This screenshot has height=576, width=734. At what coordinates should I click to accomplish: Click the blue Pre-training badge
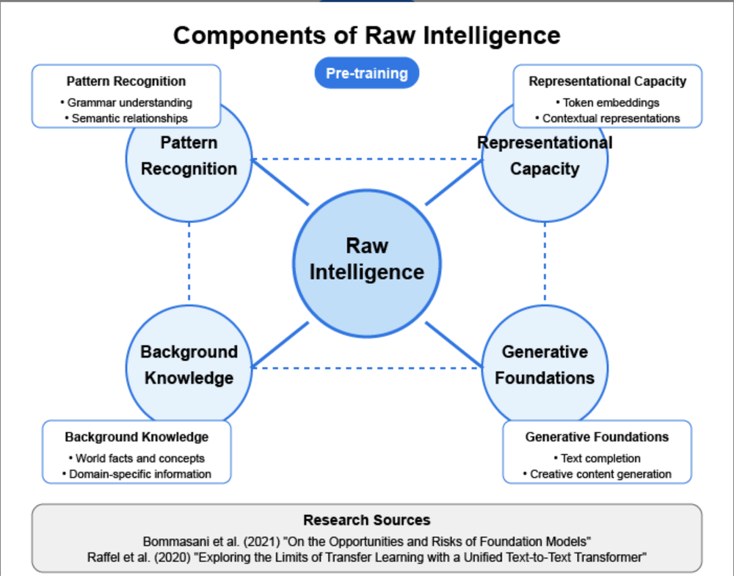(x=367, y=73)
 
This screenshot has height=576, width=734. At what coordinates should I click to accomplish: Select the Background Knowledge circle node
(x=189, y=365)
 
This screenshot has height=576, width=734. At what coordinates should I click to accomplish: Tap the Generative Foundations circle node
(x=545, y=365)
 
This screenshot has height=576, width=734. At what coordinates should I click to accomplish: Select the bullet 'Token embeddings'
(x=608, y=103)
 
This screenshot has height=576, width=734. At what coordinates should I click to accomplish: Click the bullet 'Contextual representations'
(x=608, y=118)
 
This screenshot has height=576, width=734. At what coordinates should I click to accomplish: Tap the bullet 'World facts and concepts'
(x=137, y=459)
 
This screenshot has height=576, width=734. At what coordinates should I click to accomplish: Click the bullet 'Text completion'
(x=597, y=459)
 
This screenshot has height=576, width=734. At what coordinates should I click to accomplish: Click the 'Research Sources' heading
(x=367, y=520)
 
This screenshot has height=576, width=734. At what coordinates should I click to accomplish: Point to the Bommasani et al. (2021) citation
(x=367, y=542)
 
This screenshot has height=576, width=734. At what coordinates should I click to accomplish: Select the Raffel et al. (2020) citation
(x=367, y=558)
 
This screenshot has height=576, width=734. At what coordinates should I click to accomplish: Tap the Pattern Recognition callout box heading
(x=126, y=81)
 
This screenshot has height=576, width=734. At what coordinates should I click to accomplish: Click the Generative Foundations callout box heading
(x=597, y=437)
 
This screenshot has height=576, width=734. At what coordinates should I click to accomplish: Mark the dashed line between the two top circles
(x=367, y=159)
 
